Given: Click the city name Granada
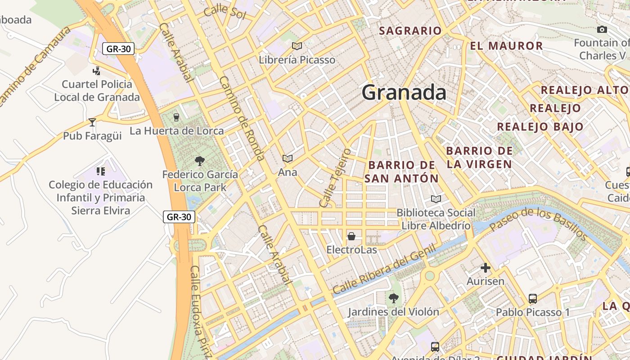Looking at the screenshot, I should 404,93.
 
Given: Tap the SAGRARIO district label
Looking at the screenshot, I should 410,31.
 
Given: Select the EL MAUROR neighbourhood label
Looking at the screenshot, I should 506,46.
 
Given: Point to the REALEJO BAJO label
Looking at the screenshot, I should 540,126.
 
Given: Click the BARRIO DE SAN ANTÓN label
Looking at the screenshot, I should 401,172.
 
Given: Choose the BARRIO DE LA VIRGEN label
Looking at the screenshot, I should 479,157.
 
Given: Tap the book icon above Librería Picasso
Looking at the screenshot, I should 297,46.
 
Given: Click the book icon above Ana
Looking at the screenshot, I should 288,158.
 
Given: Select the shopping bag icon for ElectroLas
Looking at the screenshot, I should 351,236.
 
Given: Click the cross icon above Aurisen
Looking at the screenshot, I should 485,268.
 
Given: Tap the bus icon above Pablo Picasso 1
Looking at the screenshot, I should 533,299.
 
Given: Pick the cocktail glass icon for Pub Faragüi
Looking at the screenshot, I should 92,122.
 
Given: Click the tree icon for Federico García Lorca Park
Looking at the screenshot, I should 200,161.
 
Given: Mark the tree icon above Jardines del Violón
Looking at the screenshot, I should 393,298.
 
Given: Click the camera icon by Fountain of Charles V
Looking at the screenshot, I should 602,30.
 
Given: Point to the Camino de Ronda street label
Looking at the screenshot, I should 242,118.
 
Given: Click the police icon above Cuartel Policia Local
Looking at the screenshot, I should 96,71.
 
